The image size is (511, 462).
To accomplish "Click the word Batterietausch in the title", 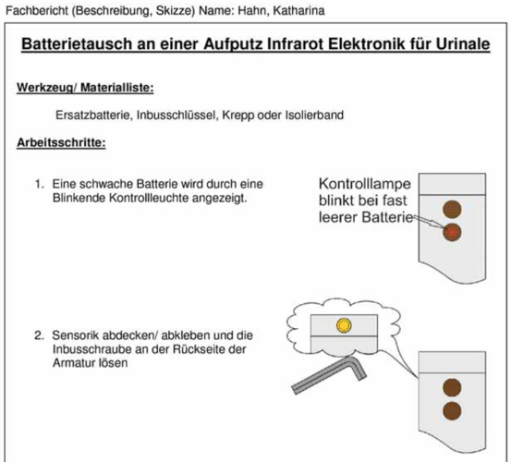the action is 77,44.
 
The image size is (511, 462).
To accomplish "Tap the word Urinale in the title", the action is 462,44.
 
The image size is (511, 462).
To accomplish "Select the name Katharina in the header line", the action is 298,11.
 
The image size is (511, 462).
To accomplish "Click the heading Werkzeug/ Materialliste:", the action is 85,88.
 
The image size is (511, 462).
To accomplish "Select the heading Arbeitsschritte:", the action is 61,142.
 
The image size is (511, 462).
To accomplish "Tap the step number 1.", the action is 39,184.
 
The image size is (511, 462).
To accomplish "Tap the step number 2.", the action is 39,335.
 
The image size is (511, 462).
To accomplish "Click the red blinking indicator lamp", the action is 452,232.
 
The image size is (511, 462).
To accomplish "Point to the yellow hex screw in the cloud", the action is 344,325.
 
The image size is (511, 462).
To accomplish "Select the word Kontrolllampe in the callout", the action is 365,184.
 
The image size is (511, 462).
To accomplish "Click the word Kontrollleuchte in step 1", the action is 149,198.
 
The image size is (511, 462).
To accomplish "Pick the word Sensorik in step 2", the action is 73,335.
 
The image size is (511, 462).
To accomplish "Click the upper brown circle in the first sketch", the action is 452,209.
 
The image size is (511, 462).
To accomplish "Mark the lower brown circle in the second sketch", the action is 452,411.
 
